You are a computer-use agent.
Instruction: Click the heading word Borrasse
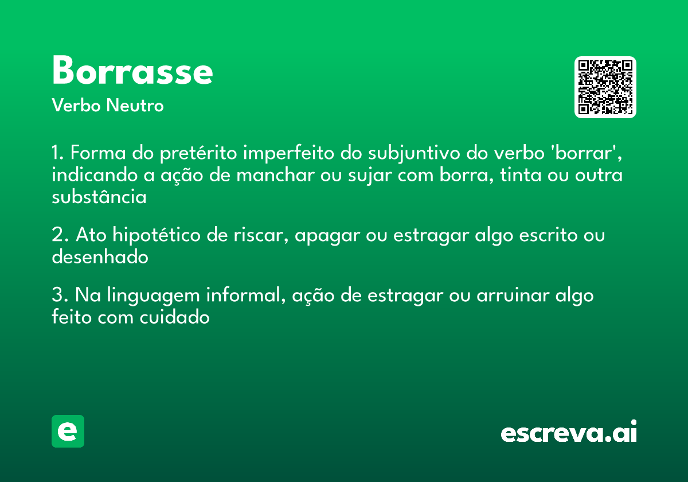pos(132,71)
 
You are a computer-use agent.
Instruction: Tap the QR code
pos(605,87)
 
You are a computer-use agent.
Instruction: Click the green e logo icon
pos(68,431)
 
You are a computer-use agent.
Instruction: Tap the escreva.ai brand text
pos(569,433)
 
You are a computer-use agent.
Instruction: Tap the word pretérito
pos(196,154)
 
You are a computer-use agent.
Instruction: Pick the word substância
pos(99,197)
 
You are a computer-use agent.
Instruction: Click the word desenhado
pos(100,257)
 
